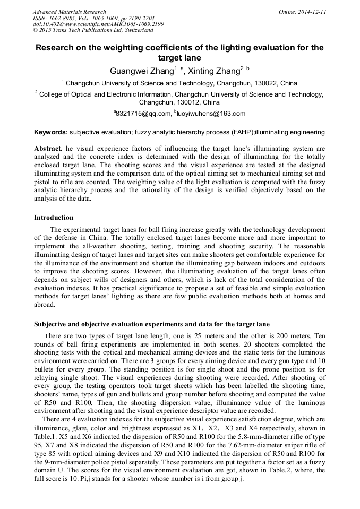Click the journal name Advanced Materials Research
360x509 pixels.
pyautogui.click(x=69, y=12)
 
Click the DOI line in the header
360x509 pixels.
pyautogui.click(x=98, y=24)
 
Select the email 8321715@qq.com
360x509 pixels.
pyautogui.click(x=143, y=113)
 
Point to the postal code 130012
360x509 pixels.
pyautogui.click(x=191, y=102)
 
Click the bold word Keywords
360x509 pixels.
pyautogui.click(x=51, y=132)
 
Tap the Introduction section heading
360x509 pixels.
pyautogui.click(x=54, y=218)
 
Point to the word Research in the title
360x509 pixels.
pyautogui.click(x=56, y=48)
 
